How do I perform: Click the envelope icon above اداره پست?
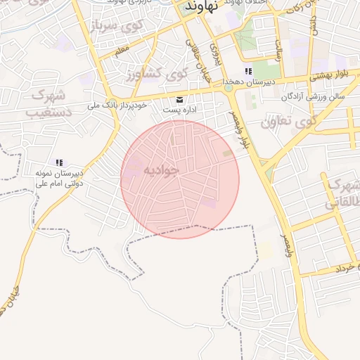tap(179, 99)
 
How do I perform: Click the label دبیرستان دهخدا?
tap(247, 82)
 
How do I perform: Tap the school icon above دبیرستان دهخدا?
tap(247, 72)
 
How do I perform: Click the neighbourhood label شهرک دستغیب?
tap(49, 103)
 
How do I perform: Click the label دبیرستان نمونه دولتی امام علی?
tap(60, 179)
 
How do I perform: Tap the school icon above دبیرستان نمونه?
tap(60, 162)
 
